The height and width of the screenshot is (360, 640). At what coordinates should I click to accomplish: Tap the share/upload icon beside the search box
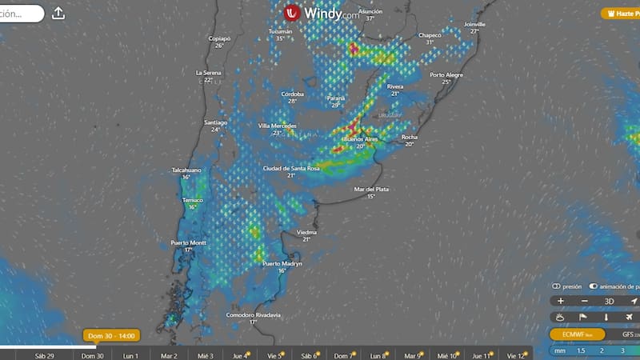click(x=58, y=13)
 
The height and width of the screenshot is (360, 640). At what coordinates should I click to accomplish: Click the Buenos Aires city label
click(x=359, y=139)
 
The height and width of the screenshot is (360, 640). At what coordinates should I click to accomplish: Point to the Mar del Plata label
click(x=370, y=189)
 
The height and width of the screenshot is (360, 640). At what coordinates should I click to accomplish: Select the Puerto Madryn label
click(x=282, y=263)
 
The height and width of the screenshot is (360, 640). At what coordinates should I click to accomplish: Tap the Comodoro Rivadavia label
click(x=253, y=315)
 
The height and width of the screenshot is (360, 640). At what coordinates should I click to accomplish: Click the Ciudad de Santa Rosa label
click(x=291, y=169)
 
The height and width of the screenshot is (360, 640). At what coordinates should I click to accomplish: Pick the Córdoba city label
click(x=293, y=94)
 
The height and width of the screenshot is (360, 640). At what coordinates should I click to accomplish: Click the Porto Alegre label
click(x=446, y=74)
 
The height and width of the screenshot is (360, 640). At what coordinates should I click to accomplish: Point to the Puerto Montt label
click(x=188, y=242)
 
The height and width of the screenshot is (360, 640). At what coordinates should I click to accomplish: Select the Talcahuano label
click(x=186, y=170)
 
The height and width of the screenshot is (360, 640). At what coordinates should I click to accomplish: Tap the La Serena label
click(x=208, y=73)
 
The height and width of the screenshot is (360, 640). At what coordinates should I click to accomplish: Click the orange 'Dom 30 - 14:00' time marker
click(x=110, y=335)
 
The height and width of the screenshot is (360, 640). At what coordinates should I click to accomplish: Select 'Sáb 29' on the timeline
click(x=46, y=354)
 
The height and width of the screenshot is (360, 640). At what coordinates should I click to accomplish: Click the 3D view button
click(x=609, y=301)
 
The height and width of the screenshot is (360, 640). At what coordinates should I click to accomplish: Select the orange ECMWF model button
click(x=575, y=334)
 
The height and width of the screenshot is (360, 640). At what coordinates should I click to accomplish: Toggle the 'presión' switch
click(x=556, y=286)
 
